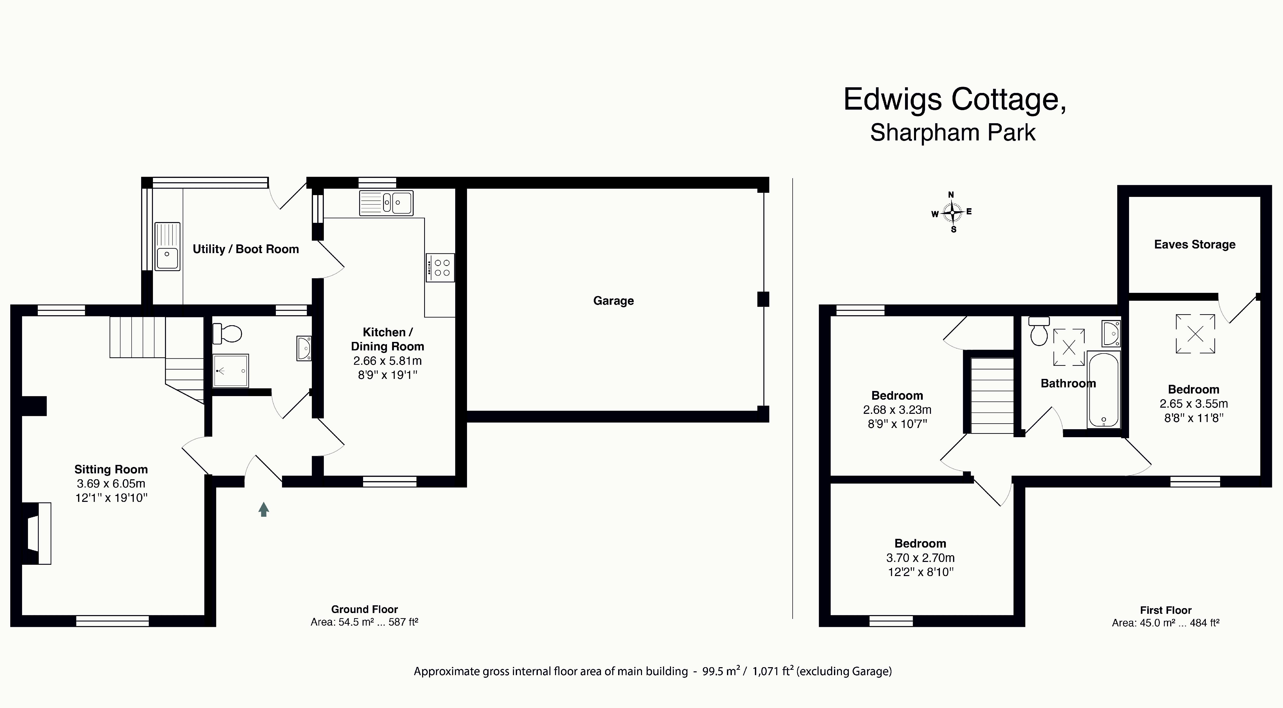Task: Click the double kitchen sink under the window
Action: point(386,203)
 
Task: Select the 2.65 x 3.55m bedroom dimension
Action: point(1193,404)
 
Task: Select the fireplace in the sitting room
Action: point(36,533)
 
